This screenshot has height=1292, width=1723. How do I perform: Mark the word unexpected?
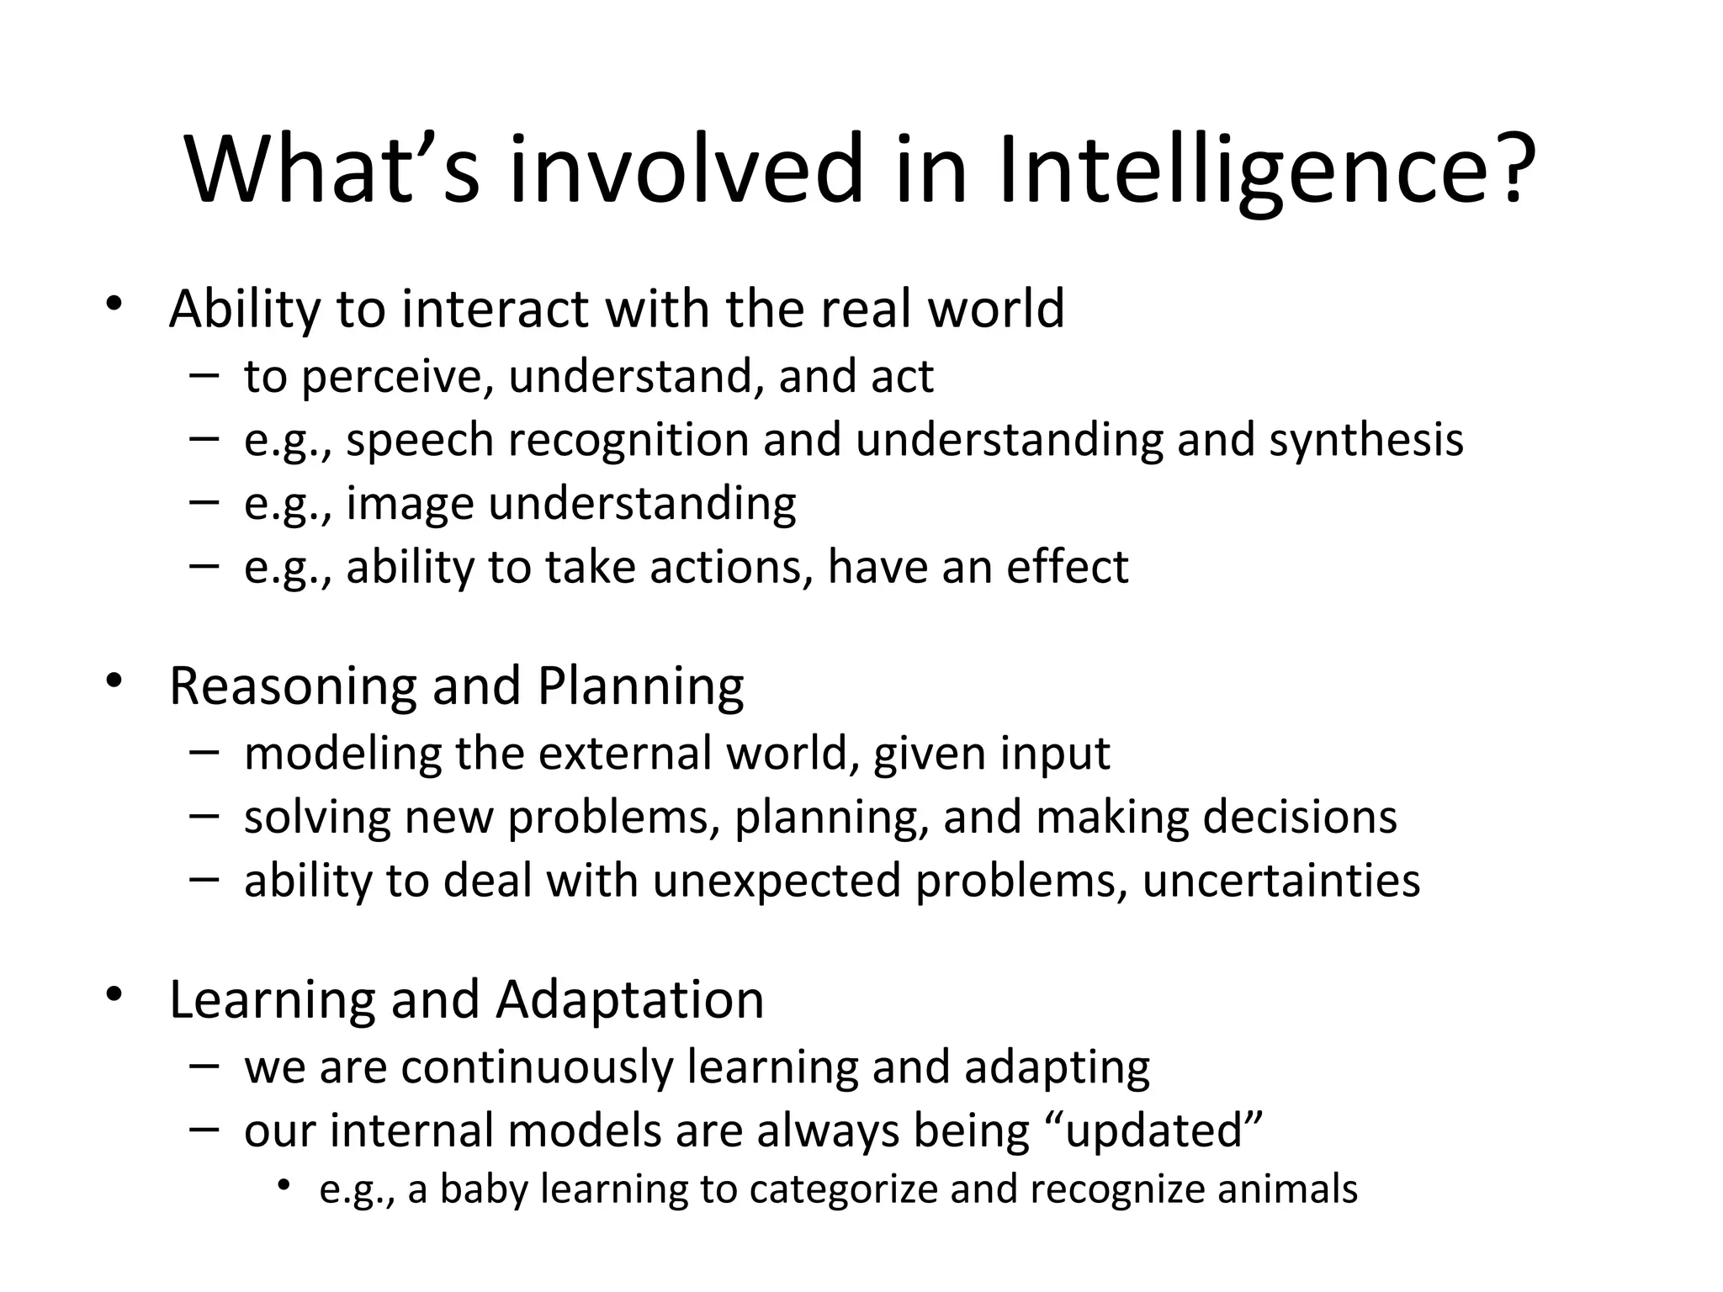click(777, 881)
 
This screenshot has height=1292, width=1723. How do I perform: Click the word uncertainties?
click(1281, 881)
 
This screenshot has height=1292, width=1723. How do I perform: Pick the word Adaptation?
click(630, 1000)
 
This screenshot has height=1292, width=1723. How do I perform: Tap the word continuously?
click(537, 1067)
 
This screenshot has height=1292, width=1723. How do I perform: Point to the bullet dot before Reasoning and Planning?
click(114, 680)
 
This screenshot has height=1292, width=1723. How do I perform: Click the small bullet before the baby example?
click(285, 1185)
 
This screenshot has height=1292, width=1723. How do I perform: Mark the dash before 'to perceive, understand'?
click(204, 374)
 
